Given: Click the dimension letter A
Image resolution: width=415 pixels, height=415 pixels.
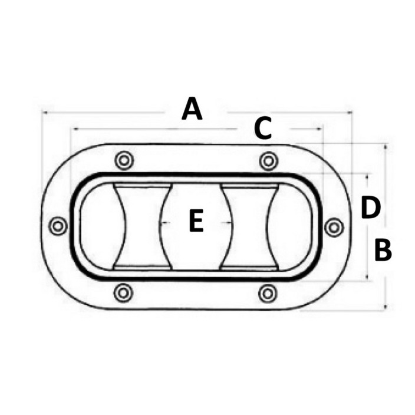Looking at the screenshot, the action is (192, 109).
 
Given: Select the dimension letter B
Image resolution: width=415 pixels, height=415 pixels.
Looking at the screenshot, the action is (383, 251).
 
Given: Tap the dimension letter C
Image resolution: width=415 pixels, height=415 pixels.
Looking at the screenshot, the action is (263, 129).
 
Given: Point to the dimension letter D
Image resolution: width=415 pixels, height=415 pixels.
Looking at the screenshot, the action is (371, 207).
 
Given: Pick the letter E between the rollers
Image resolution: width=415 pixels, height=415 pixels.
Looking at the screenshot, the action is (196, 220).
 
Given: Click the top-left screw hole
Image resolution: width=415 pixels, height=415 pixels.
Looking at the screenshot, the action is (124, 160).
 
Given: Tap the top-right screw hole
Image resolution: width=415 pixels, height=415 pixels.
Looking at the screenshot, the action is (269, 161).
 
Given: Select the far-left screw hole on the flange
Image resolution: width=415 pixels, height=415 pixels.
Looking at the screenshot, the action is (58, 226).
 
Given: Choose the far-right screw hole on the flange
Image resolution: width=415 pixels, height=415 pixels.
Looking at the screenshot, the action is (334, 228).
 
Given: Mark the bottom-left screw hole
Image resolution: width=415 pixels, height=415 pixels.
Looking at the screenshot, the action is (123, 293).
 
